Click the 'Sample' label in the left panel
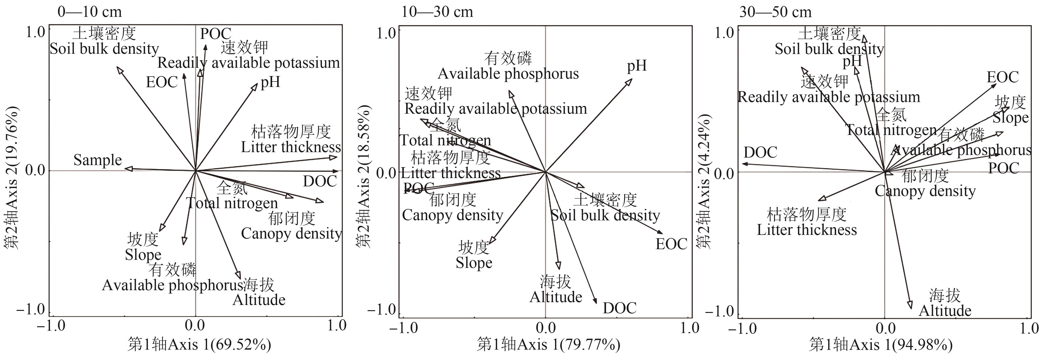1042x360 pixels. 97,160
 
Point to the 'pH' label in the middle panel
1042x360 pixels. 637,65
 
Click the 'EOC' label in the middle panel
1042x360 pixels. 671,244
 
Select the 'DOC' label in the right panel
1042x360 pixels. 761,153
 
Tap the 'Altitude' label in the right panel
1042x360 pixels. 945,311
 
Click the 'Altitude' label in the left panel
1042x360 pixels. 259,300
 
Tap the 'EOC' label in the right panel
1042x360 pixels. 1002,77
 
